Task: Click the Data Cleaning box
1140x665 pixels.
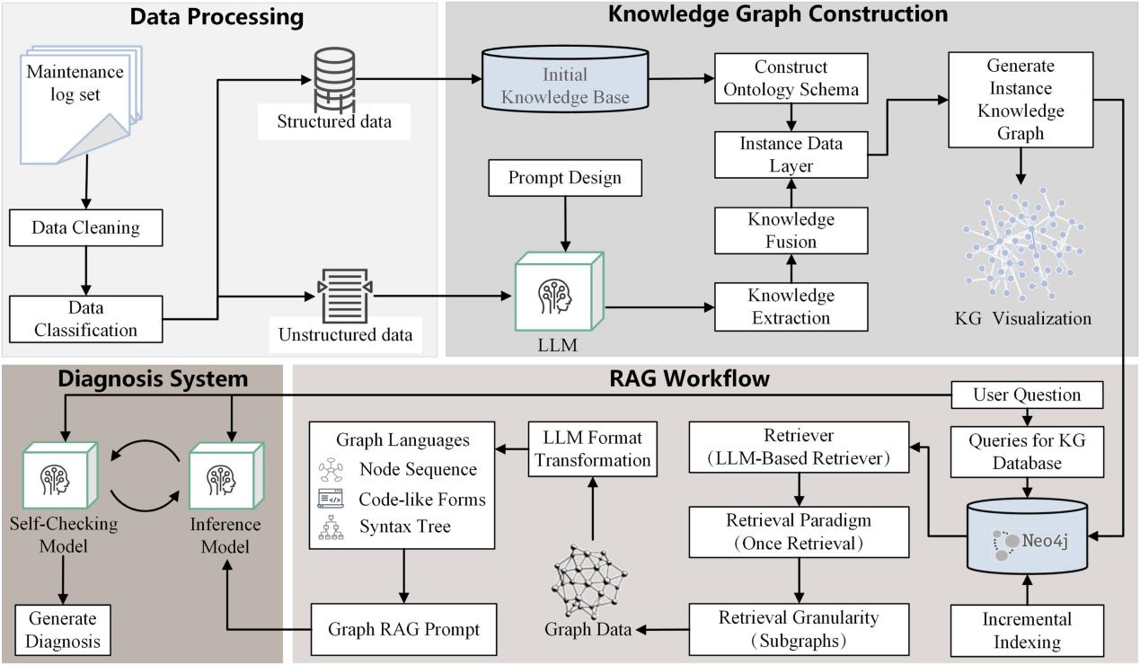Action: click(x=86, y=227)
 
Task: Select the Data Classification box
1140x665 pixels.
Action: click(x=86, y=319)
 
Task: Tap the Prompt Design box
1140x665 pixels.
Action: click(x=565, y=178)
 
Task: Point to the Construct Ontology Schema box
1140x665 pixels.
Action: click(x=791, y=78)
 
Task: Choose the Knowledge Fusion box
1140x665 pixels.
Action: click(x=791, y=230)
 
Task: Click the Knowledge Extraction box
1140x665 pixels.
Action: click(x=791, y=306)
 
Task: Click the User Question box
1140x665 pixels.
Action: click(x=1027, y=394)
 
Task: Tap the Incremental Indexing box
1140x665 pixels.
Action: click(x=1026, y=630)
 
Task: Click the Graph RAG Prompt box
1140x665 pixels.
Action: click(x=402, y=629)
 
